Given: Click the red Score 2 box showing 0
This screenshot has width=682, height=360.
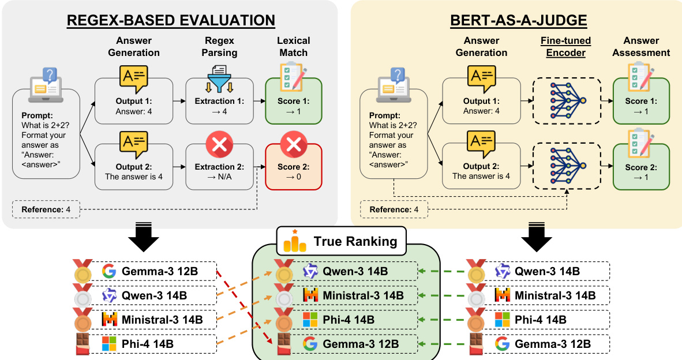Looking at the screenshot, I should coord(293,172).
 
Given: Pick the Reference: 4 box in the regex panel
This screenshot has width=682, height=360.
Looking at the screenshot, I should coord(46,209).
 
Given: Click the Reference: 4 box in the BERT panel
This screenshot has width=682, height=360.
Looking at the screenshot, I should coord(394,209).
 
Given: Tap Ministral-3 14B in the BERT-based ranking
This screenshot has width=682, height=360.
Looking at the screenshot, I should coord(553,295).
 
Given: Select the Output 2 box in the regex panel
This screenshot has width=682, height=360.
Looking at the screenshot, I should coord(133,172).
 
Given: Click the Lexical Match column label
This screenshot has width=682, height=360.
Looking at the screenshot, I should coord(293,47).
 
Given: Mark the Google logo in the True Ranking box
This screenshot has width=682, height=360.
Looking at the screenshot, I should coord(310,344).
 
